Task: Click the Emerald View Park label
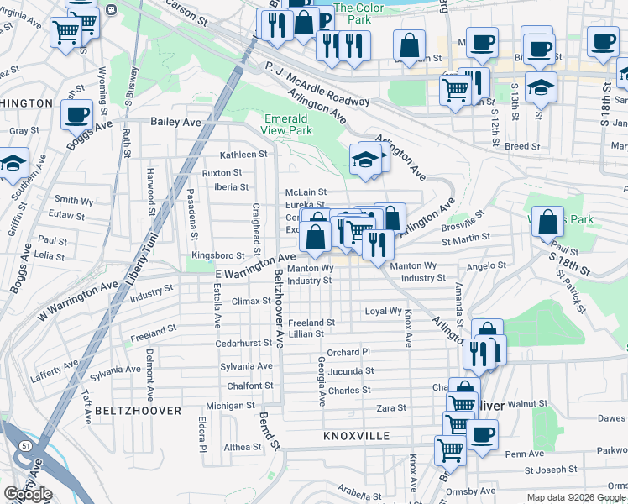coord(288,124)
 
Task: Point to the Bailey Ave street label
coord(176,122)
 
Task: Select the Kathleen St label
coord(243,155)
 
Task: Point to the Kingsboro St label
coord(217,255)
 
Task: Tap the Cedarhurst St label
coord(245,343)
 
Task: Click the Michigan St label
coord(230,406)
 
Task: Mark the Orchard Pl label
coord(348,352)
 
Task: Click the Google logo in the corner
coord(28,494)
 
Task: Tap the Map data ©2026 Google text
coord(575,497)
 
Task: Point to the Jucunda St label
coord(351,370)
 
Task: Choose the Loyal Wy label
coord(383,311)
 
